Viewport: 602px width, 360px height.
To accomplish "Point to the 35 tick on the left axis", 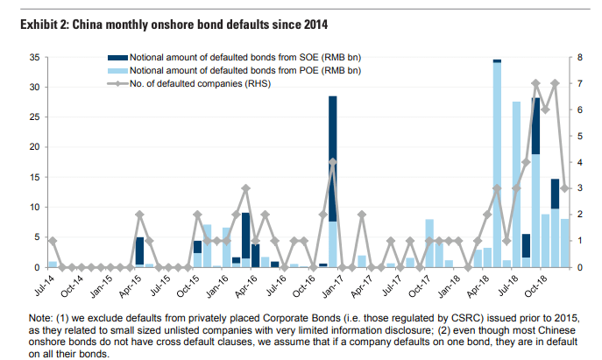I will coord(34,57).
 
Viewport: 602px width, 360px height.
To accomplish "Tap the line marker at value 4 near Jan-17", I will coord(333,162).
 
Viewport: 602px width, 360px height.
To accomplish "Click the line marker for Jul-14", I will coord(53,241).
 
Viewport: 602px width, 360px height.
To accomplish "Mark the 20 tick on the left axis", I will coord(34,147).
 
